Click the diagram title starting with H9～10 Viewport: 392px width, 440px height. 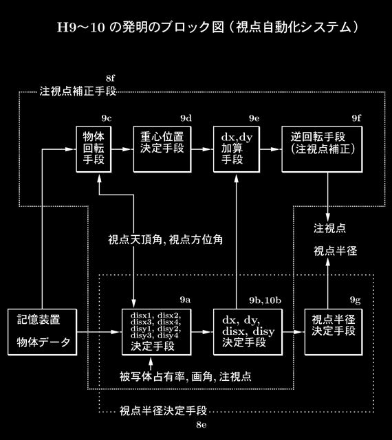[x=208, y=27]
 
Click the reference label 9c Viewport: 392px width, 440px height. [x=107, y=118]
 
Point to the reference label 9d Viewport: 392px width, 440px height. [x=186, y=118]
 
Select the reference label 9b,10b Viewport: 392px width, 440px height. [x=265, y=300]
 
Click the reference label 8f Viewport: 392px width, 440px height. [x=110, y=78]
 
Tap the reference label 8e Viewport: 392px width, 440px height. [x=202, y=425]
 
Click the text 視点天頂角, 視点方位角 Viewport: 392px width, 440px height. [x=165, y=240]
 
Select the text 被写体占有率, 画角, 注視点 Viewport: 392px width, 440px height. [x=185, y=376]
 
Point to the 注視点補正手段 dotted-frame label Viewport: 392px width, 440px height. [x=78, y=91]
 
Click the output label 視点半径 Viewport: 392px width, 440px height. [x=336, y=251]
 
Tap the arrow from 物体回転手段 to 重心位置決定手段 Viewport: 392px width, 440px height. [x=122, y=149]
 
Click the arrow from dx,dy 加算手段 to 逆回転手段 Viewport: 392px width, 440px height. [x=271, y=149]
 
